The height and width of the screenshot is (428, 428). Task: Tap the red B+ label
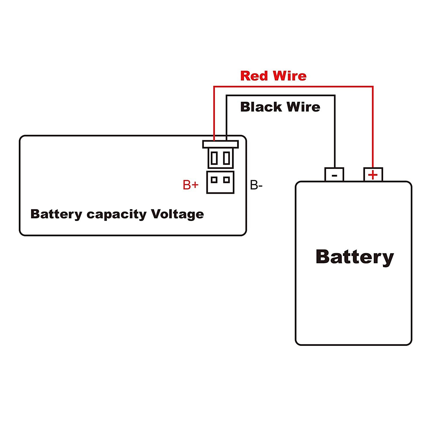coord(190,185)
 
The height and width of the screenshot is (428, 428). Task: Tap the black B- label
coord(256,186)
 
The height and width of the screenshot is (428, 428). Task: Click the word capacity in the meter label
coord(116,215)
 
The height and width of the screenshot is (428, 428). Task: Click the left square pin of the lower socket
coord(214,180)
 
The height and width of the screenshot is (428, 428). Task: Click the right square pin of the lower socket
coord(227,180)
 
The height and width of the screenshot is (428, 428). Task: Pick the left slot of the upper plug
coord(214,158)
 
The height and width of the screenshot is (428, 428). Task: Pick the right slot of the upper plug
coord(227,158)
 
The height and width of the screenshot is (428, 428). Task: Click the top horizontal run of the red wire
coord(293,87)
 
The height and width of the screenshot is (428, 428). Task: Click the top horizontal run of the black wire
coord(281,95)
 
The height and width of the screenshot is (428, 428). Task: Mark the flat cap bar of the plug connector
coord(221,144)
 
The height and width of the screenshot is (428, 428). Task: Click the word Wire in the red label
coord(290,76)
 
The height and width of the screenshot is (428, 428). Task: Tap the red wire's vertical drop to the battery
coord(373,126)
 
